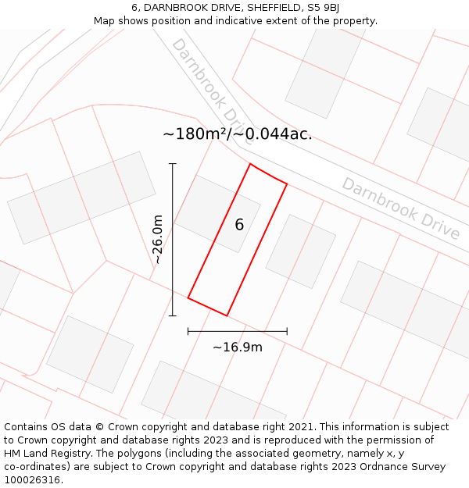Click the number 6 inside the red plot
click(239, 225)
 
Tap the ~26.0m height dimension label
click(158, 240)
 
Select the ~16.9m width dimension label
click(238, 347)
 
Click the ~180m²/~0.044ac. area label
click(237, 134)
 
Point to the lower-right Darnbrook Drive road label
click(400, 208)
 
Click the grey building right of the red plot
click(300, 251)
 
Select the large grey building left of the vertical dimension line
click(81, 198)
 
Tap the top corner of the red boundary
click(250, 164)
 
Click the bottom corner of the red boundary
click(227, 315)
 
